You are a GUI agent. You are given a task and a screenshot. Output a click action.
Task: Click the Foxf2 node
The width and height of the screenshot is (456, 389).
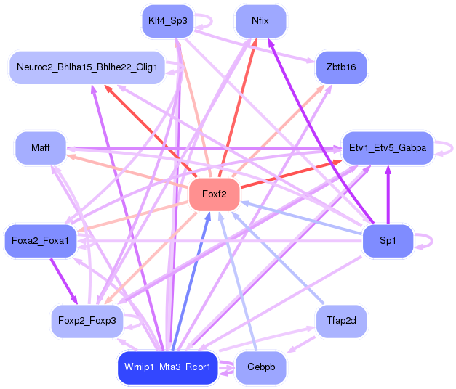click(215, 194)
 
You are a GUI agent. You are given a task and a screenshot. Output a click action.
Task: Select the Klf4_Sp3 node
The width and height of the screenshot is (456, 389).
click(167, 21)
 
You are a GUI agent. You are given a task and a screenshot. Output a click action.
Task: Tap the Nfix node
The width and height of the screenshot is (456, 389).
click(260, 21)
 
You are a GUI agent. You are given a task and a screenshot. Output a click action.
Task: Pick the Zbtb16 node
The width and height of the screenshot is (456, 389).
click(341, 67)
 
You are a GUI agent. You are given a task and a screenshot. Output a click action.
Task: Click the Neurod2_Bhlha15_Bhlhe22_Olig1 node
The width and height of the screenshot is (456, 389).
click(87, 67)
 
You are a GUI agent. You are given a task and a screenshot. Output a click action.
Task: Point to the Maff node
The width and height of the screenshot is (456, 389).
click(41, 148)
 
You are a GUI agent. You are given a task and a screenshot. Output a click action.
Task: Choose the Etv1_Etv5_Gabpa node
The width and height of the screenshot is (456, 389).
click(388, 148)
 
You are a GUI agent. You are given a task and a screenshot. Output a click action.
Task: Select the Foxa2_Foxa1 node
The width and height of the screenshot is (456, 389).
click(41, 241)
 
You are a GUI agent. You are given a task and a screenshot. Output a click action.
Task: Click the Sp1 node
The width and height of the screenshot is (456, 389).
click(388, 241)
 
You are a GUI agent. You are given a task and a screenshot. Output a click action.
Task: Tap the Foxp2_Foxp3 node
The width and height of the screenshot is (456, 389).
click(87, 321)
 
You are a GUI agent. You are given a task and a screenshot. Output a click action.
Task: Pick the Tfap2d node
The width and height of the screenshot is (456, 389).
click(341, 321)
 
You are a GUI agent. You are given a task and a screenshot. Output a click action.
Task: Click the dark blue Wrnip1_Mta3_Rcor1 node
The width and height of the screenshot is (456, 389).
click(167, 367)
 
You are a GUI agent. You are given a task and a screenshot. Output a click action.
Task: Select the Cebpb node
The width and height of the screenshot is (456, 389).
click(261, 367)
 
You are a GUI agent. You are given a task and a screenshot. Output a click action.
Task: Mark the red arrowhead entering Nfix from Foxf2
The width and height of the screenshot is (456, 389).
click(254, 42)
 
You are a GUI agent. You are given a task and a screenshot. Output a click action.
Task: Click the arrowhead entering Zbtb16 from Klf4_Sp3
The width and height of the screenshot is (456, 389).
click(311, 61)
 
